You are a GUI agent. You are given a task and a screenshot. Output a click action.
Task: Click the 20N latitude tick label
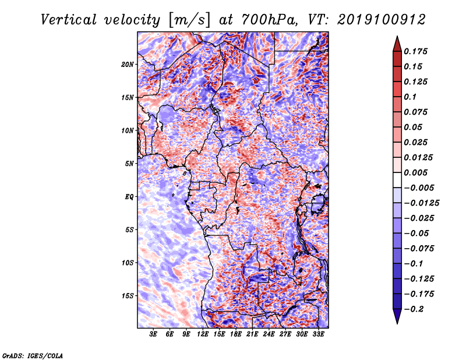coord(127,65)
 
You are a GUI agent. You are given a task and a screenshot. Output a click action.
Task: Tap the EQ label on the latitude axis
coord(129,197)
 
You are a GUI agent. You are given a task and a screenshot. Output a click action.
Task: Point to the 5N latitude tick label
coord(129,164)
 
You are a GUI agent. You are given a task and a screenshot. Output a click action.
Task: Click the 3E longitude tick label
coord(153,334)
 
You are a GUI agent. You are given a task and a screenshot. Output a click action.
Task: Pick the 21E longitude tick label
coord(252,334)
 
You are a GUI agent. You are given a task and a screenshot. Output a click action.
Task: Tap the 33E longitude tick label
coord(318,334)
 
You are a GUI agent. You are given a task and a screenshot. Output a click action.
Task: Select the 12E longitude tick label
coord(203,334)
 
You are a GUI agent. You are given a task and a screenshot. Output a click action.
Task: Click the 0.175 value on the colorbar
coord(415,51)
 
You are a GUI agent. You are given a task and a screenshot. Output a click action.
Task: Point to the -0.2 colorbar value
coord(414,309)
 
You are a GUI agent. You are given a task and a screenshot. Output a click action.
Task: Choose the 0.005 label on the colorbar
coord(415,172)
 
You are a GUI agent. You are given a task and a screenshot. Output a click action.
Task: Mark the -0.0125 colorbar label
coord(421,203)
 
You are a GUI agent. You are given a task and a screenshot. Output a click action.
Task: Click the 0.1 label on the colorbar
coord(410,97)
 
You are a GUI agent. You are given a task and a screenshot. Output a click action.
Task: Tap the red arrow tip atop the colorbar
coord(397,36)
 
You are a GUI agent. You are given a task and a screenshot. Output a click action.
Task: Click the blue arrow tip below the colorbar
coord(397,323)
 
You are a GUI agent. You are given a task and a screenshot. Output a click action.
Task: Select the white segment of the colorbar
coord(397,180)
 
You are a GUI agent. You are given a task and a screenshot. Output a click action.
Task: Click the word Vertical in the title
coord(69,20)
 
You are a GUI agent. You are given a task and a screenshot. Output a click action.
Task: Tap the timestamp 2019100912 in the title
coord(382,20)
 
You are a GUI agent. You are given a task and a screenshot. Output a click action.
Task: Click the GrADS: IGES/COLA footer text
coord(33,355)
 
